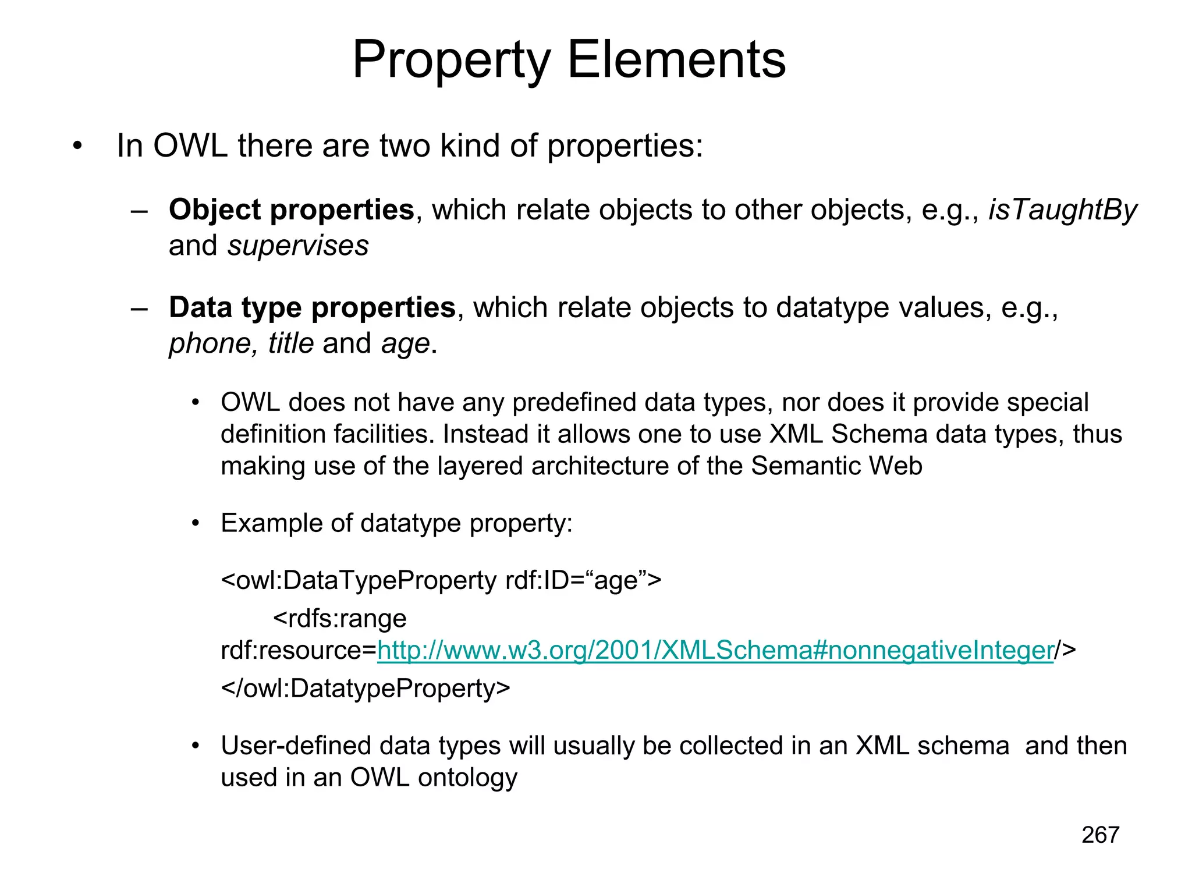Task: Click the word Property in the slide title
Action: click(x=451, y=61)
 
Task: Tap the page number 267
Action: click(x=1100, y=835)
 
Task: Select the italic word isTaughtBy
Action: click(x=1062, y=210)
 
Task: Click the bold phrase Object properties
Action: click(x=291, y=210)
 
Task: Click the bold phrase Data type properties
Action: click(x=312, y=307)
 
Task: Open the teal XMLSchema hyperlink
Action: click(x=715, y=650)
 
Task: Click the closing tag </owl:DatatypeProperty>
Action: click(x=366, y=688)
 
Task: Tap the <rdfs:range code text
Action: click(x=340, y=618)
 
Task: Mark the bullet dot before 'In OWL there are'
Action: click(x=77, y=147)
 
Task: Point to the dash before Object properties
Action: click(x=139, y=211)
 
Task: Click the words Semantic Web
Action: click(x=836, y=466)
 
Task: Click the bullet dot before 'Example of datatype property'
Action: click(x=196, y=523)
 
